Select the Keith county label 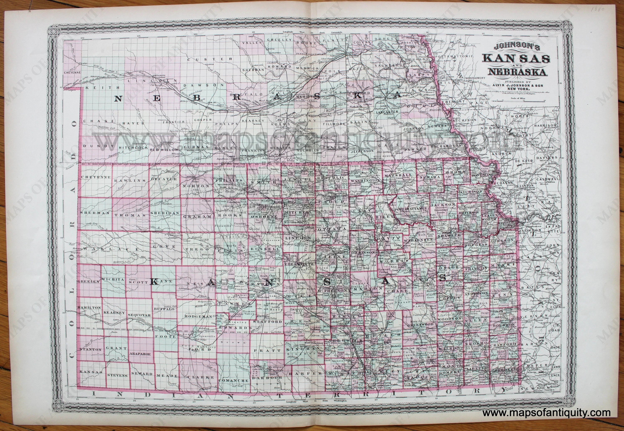pos(102,88)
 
